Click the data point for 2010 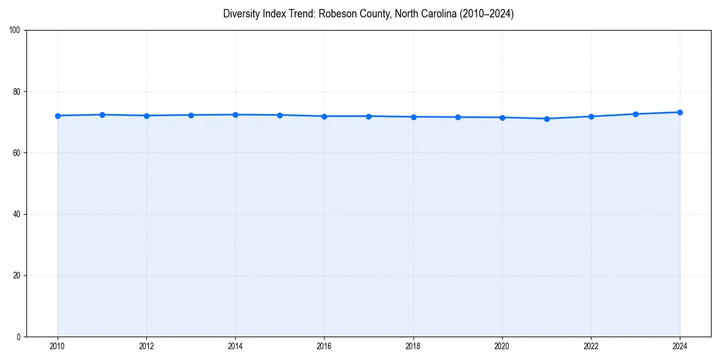pyautogui.click(x=58, y=116)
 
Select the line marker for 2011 pyautogui.click(x=102, y=115)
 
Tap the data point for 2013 pyautogui.click(x=191, y=115)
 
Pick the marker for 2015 pyautogui.click(x=280, y=115)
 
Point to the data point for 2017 pyautogui.click(x=368, y=116)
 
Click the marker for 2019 pyautogui.click(x=458, y=117)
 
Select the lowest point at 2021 pyautogui.click(x=547, y=119)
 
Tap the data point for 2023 pyautogui.click(x=635, y=114)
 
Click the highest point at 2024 pyautogui.click(x=680, y=112)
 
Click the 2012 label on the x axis pyautogui.click(x=146, y=346)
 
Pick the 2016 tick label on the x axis pyautogui.click(x=324, y=346)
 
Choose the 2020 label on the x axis pyautogui.click(x=502, y=346)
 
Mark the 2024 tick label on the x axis pyautogui.click(x=680, y=346)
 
